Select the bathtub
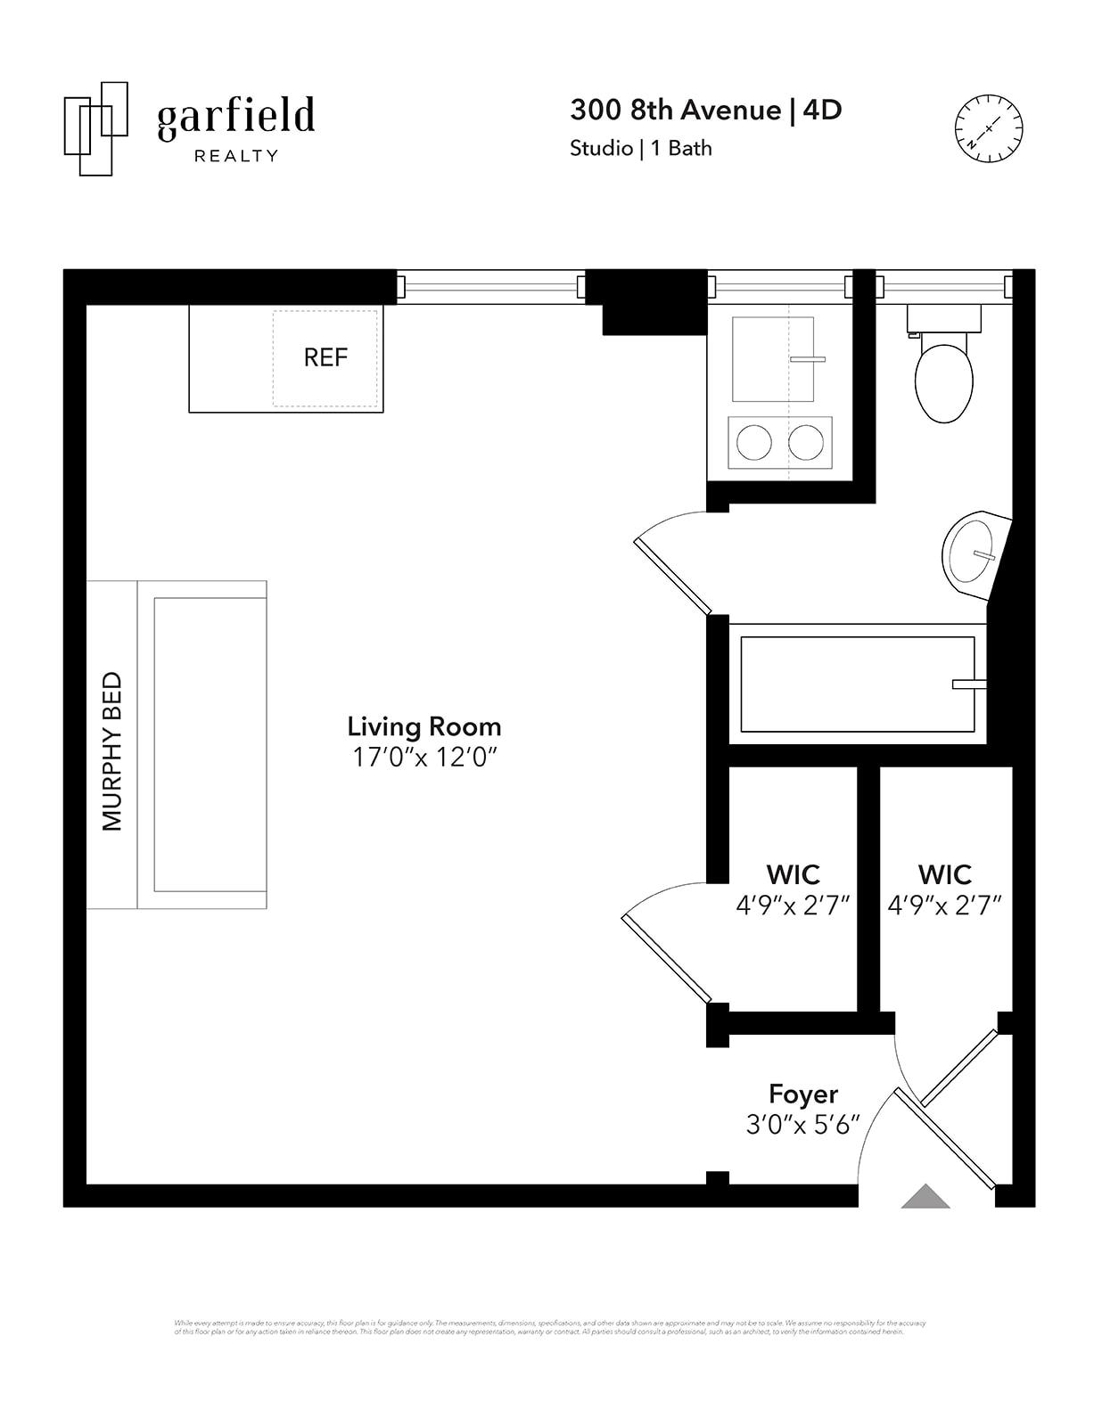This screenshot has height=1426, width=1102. pos(857,684)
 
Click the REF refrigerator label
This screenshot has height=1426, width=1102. pos(325,357)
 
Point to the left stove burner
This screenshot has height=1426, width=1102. pos(754,443)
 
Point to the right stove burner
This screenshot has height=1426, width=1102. pos(806,443)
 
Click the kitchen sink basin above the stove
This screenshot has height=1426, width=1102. pos(772,359)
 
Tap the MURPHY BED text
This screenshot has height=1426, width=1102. pos(112,751)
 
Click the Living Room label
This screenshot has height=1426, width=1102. pos(424,726)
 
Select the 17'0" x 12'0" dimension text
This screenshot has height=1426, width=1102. pos(424,758)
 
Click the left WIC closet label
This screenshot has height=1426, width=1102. pos(793,873)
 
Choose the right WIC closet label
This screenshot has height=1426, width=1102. pos(945,873)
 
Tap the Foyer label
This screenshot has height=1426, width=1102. pos(803,1094)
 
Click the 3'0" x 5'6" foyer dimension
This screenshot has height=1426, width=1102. pos(802,1126)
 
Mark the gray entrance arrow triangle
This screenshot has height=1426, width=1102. pos(925,1198)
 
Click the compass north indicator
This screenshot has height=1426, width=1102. pos(989,128)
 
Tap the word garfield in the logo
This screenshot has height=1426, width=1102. pos(236,117)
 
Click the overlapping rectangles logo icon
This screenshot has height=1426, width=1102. pos(95,128)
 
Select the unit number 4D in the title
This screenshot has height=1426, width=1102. pos(822,111)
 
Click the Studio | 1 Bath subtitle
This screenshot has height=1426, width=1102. pos(641,148)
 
